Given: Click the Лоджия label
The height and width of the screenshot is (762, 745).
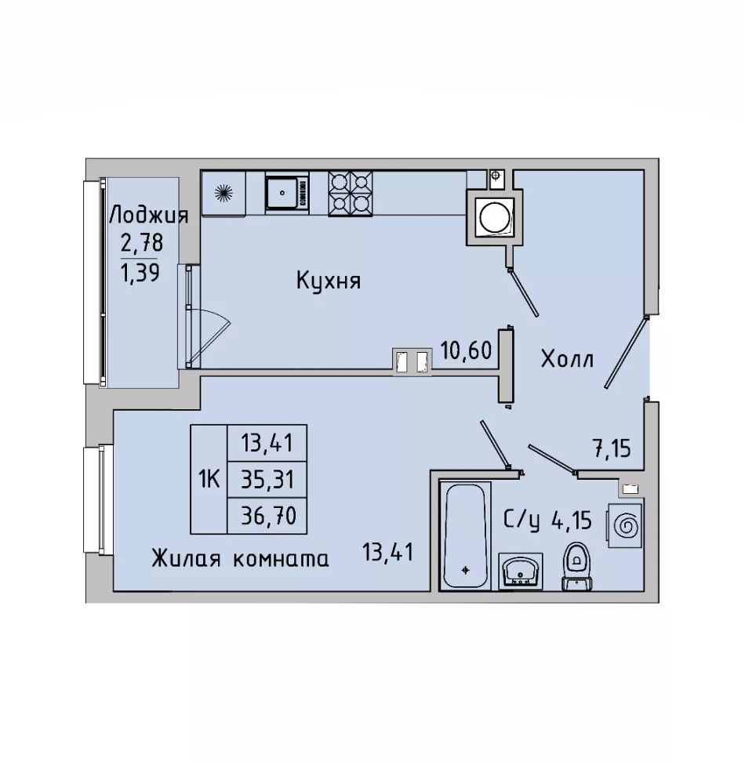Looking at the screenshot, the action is click(149, 216).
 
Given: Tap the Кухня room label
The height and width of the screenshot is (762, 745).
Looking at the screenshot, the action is click(329, 281).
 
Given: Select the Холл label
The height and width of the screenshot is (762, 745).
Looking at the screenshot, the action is click(568, 360).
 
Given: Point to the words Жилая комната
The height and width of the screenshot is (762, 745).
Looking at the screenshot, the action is click(240, 559).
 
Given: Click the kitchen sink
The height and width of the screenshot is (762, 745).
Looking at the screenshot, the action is click(287, 192).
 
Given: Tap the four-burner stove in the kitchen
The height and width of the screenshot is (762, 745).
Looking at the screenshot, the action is click(351, 193).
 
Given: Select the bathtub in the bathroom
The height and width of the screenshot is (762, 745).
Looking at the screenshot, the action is click(465, 535).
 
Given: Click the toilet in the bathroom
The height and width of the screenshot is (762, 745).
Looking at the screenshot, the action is click(576, 567).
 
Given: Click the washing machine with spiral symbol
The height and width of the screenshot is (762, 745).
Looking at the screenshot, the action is click(623, 525).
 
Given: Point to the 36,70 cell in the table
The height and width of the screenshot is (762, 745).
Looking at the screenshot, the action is click(267, 515).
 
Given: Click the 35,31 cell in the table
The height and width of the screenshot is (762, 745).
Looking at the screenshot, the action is click(267, 480).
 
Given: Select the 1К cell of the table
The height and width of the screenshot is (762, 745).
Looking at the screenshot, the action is click(209, 479).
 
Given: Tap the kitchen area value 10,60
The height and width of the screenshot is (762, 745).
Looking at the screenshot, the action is click(466, 350).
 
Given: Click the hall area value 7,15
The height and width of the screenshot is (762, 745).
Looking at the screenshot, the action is click(612, 448).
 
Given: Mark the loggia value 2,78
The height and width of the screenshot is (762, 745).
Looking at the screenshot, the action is click(141, 243).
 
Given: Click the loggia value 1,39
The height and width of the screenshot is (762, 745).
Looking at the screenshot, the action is click(140, 272).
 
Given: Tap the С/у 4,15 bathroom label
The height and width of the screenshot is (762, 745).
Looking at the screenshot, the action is click(547, 521).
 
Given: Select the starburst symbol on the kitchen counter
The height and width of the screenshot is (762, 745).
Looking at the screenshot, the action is click(223, 193).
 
